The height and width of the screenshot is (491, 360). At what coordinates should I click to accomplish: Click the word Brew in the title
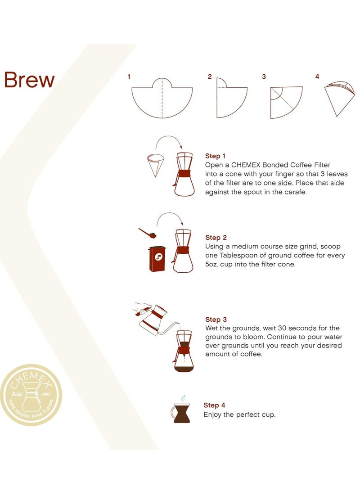[x=29, y=80]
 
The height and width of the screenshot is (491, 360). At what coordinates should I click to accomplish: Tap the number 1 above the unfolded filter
[x=129, y=77]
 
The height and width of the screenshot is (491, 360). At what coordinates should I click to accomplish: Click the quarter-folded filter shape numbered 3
[x=285, y=101]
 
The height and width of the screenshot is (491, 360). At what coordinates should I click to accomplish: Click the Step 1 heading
[x=216, y=156]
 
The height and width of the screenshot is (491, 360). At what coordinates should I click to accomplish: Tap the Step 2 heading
[x=216, y=238]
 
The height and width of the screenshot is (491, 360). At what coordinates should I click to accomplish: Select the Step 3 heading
[x=216, y=320]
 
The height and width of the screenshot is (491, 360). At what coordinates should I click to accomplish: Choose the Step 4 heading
[x=214, y=405]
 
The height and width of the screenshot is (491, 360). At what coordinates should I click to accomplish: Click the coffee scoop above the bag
[x=147, y=233]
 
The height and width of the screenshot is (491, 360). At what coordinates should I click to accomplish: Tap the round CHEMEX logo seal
[x=31, y=395]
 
